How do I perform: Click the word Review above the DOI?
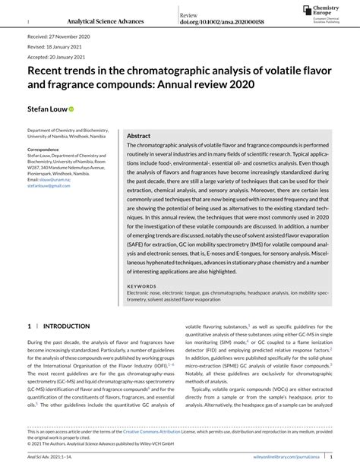point(189,15)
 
